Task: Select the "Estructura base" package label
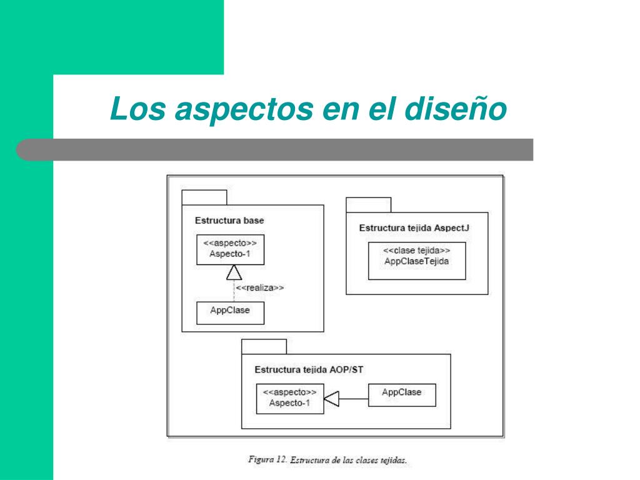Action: [x=229, y=221]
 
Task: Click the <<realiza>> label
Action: [x=260, y=288]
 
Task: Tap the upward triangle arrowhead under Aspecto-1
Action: [x=234, y=272]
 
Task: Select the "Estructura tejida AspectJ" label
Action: [x=414, y=228]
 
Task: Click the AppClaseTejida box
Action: [x=416, y=260]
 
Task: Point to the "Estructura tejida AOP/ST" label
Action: [x=309, y=369]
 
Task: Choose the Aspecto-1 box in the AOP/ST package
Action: [x=290, y=398]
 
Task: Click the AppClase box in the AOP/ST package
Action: [x=401, y=395]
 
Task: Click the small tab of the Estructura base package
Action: [x=204, y=197]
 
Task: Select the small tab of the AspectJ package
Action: [x=368, y=205]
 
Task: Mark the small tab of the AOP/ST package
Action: [x=264, y=346]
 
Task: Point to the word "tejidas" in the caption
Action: [x=393, y=461]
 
